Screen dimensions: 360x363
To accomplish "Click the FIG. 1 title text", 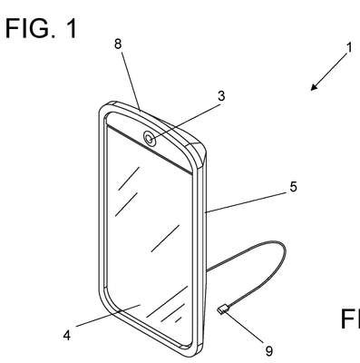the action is point(41,28).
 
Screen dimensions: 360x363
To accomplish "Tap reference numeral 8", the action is point(118,44).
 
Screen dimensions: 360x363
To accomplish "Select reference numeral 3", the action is point(221,96).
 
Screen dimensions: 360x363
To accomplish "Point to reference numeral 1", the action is point(349,48).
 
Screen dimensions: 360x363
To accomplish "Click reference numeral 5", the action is point(293,187).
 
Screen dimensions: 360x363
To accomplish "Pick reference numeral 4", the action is point(67,335).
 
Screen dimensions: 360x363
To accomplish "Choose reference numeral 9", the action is point(268,351).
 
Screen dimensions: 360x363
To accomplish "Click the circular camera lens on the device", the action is point(150,139).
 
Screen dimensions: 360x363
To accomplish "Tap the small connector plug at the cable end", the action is point(222,309).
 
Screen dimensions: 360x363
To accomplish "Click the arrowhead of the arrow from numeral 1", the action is point(315,87).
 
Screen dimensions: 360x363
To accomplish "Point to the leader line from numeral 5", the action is point(245,202).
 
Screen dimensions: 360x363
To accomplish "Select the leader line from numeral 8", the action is point(131,82).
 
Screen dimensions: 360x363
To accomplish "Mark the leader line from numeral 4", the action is point(108,316).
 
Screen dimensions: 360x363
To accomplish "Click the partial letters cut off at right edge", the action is point(350,319).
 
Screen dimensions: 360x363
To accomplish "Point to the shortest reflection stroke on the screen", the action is point(179,319).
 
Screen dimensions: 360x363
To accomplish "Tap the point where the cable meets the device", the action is point(206,270).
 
